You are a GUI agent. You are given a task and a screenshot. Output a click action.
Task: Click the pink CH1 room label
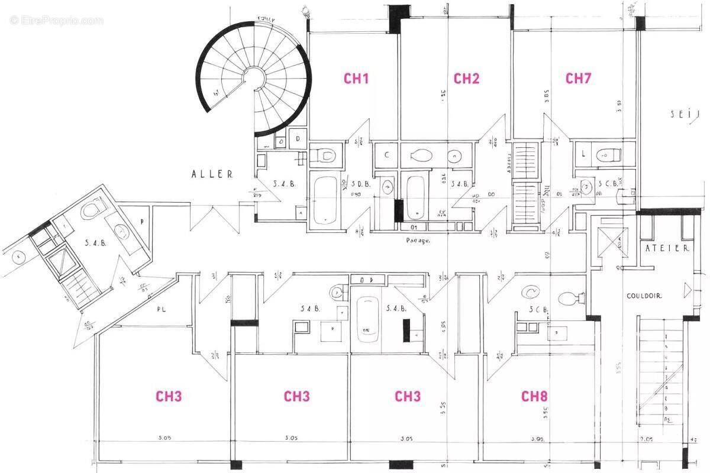356,78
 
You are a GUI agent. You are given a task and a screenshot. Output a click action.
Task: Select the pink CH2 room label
466,78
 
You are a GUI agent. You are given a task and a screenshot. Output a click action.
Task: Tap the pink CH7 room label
578,78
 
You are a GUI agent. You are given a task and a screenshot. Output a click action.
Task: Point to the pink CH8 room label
534,396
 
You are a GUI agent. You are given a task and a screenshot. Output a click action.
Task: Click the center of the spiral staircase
256,77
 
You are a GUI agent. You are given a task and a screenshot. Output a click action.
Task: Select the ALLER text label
212,174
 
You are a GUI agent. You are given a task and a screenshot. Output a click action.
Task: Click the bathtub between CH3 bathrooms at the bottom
368,319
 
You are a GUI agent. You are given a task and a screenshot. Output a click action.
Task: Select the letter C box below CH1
386,155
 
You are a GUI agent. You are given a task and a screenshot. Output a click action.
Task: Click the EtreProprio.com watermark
56,21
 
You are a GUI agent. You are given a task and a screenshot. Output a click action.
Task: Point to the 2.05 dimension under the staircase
647,440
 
